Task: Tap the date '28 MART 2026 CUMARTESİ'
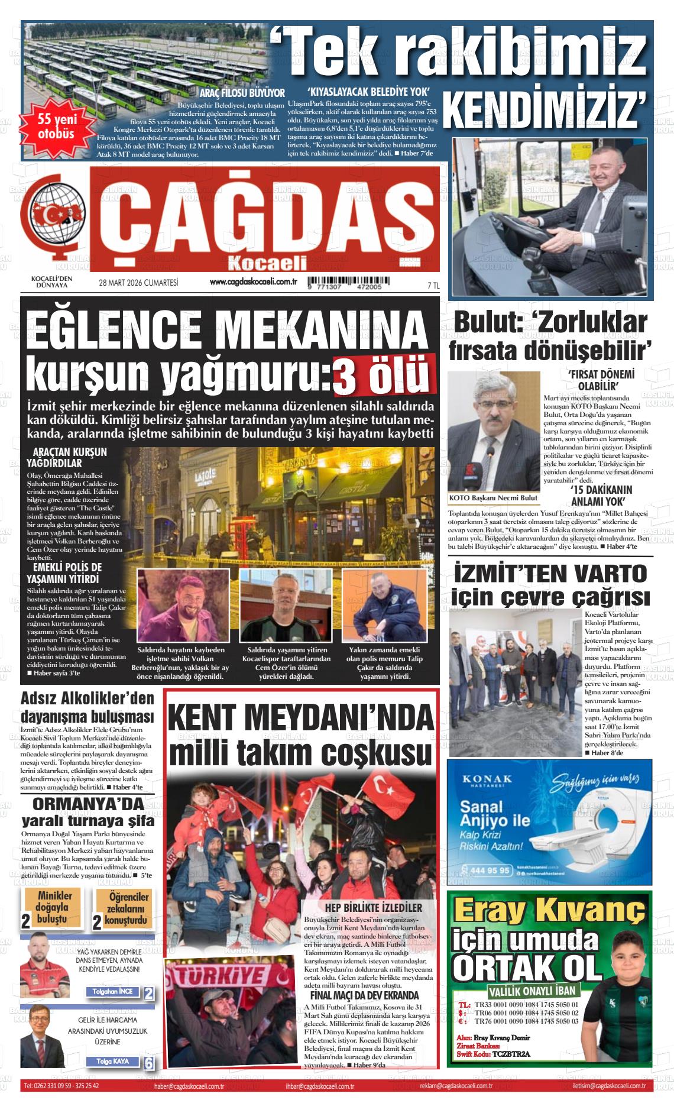tap(138, 283)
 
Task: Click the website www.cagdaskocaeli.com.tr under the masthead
tap(253, 283)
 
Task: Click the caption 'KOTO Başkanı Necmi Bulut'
tap(494, 498)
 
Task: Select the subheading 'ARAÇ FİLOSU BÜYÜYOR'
tap(242, 93)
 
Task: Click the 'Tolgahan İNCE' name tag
tap(112, 992)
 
